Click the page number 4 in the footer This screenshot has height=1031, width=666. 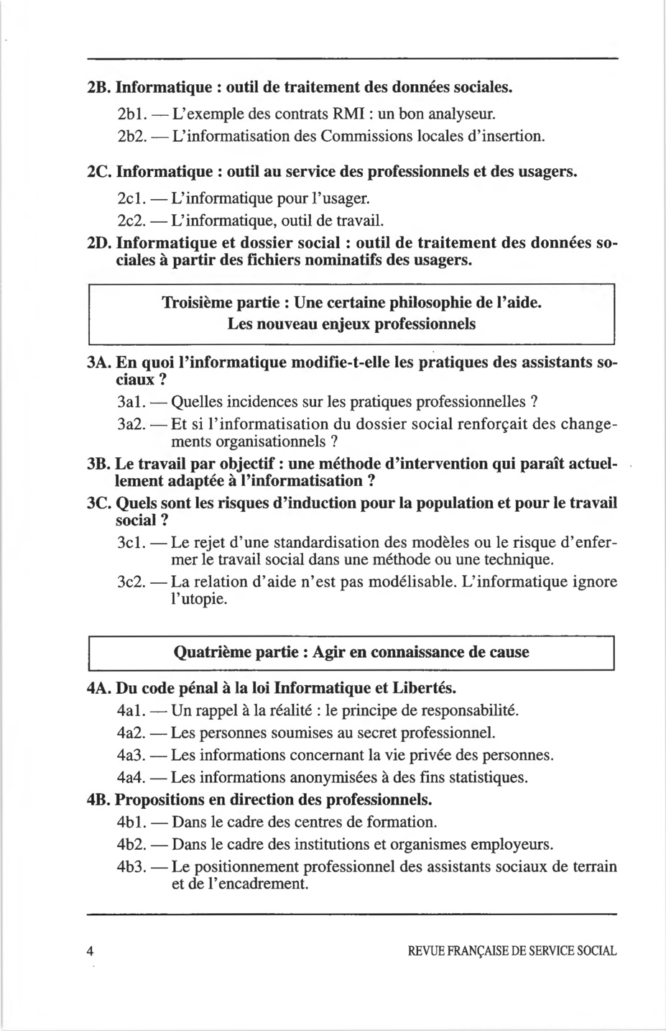[90, 950]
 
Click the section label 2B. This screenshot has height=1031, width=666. [98, 88]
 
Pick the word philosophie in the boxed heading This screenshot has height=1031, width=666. [426, 302]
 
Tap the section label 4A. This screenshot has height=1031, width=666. [98, 688]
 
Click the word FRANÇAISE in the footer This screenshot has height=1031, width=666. [475, 950]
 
